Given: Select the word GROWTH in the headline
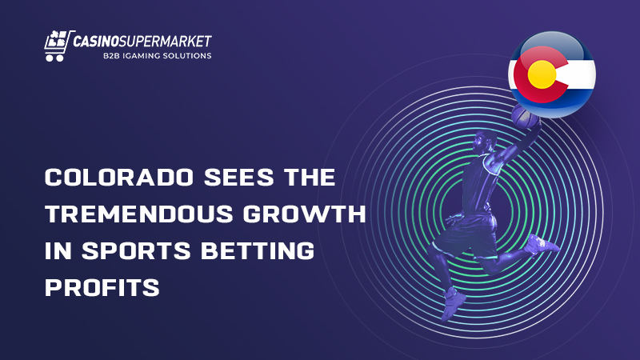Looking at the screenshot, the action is coord(305,214).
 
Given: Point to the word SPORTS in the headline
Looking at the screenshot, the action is coord(136,250).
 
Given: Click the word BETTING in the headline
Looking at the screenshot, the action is coord(258,250).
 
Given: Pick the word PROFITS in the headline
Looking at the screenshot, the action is coord(102,287).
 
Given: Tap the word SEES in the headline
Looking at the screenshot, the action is coord(238,177).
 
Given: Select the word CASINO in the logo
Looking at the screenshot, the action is coord(96,42).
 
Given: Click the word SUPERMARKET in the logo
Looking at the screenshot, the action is coord(166,42).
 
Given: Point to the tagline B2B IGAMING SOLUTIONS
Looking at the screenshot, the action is coord(157,56).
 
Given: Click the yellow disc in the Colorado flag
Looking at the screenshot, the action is coord(542,74).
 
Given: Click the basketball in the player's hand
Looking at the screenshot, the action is coord(525,115).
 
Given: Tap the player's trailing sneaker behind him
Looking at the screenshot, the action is coord(542,244).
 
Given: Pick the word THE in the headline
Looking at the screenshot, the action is coord(310,177).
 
